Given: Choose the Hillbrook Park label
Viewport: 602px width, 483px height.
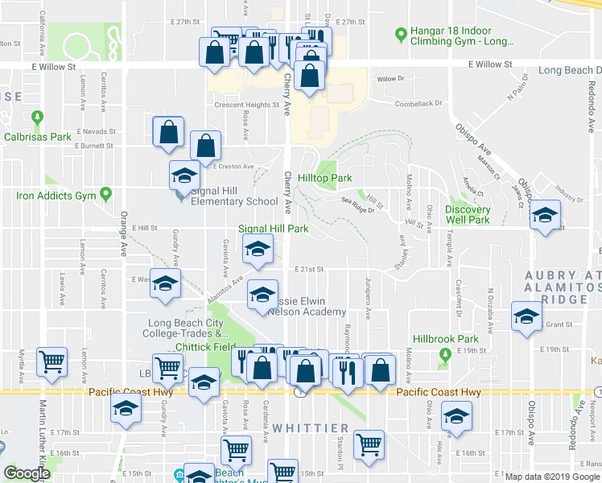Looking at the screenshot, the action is click(x=440, y=340).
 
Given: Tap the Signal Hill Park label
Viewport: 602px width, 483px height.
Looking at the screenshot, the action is click(x=273, y=229).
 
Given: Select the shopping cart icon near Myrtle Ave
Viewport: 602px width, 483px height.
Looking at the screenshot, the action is click(x=52, y=363).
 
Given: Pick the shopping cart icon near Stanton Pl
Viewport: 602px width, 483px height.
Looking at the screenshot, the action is click(x=369, y=444).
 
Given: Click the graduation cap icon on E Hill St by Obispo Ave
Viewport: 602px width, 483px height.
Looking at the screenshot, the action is click(x=545, y=215).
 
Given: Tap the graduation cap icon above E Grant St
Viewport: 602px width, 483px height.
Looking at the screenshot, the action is click(x=527, y=318).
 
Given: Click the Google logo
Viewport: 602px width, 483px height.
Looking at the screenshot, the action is click(x=27, y=473).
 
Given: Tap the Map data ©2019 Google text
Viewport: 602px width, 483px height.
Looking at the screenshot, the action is click(x=551, y=477).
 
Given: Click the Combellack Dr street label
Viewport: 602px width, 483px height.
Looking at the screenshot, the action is click(x=419, y=103).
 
